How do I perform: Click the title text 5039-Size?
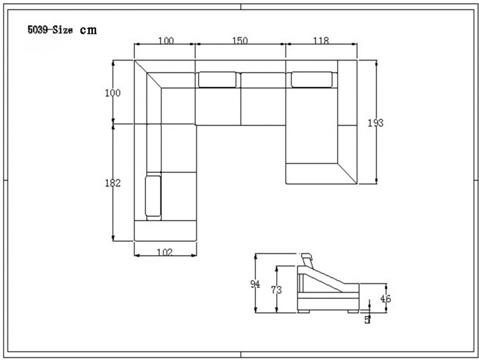50,30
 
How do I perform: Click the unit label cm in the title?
88,30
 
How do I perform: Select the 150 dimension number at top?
240,41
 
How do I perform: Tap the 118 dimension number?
321,41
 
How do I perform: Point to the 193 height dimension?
375,123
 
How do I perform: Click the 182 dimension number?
113,183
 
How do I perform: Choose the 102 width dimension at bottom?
165,253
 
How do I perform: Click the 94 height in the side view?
255,284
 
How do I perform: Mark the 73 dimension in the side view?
276,290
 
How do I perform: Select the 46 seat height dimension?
386,298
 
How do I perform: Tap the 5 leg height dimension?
368,320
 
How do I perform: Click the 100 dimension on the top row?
166,41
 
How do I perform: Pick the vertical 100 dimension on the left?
113,93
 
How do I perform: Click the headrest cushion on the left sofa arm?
153,196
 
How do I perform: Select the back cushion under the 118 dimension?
312,80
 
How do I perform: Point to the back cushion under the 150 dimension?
217,80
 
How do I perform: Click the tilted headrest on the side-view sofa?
307,261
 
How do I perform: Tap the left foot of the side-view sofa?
303,311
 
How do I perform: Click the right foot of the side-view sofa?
353,311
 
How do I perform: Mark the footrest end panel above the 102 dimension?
165,231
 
